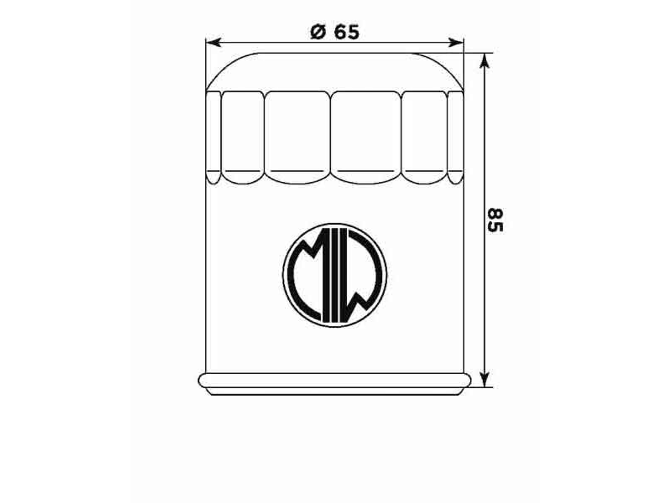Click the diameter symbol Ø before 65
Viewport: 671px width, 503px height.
[x=318, y=33]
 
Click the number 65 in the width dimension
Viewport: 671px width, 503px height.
[x=346, y=33]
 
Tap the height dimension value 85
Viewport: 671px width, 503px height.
[x=495, y=220]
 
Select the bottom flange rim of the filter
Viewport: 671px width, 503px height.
[x=334, y=381]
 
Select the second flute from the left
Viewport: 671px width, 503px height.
[x=242, y=136]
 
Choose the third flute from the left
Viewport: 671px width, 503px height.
[x=297, y=136]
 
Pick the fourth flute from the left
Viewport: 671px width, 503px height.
[x=365, y=136]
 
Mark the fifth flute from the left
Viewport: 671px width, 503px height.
[x=424, y=136]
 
